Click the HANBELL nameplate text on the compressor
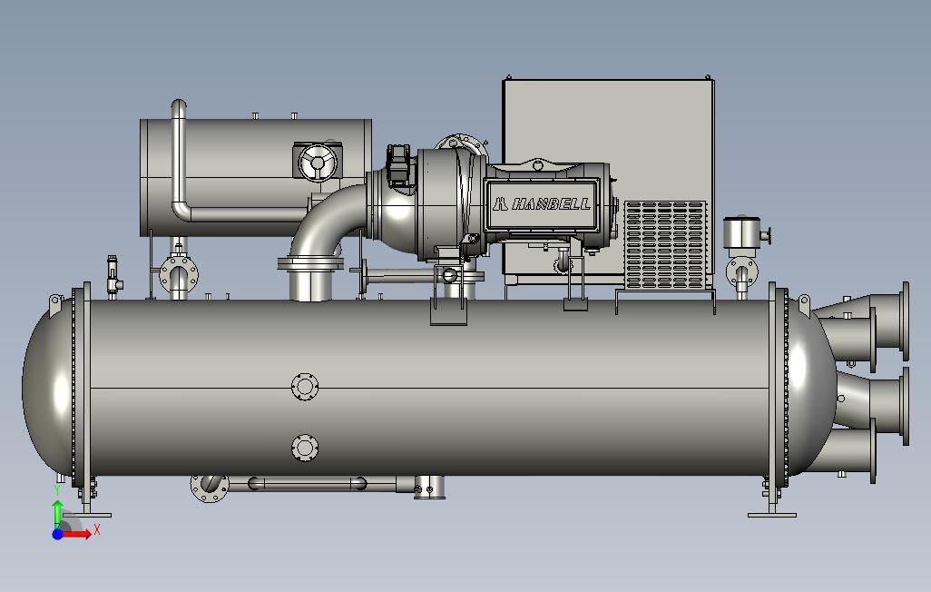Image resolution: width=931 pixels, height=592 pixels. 541,204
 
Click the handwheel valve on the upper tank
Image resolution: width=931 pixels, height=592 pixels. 317,162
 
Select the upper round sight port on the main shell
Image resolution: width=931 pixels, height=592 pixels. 305,387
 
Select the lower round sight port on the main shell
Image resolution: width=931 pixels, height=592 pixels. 305,448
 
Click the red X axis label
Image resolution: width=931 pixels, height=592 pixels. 97,529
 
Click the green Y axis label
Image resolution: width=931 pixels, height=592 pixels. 57,489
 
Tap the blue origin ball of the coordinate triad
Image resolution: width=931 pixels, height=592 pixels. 57,534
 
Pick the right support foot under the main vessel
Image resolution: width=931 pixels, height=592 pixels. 772,498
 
